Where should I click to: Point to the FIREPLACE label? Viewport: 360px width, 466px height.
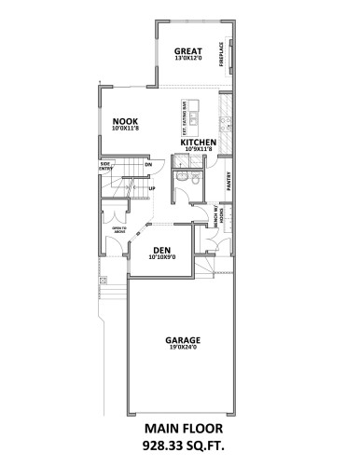pyautogui.click(x=221, y=53)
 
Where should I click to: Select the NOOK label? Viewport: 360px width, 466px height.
pyautogui.click(x=125, y=120)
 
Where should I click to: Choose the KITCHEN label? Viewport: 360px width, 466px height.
pyautogui.click(x=199, y=143)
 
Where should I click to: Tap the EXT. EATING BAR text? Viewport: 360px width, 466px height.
pyautogui.click(x=183, y=118)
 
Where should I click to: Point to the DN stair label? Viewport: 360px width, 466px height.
pyautogui.click(x=147, y=165)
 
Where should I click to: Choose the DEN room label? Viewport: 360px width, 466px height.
pyautogui.click(x=161, y=250)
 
